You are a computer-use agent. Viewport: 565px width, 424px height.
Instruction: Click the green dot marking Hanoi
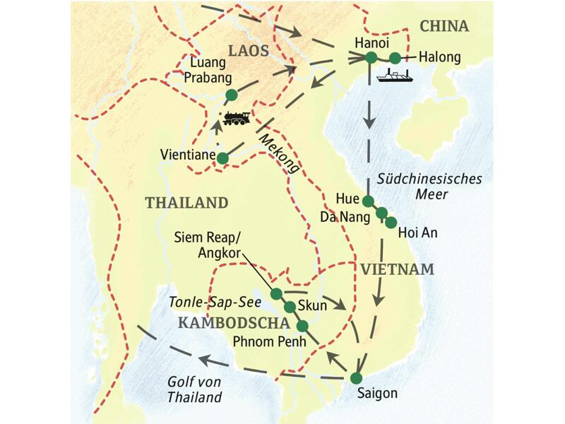(371, 58)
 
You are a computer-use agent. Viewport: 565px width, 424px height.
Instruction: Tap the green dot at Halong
(395, 58)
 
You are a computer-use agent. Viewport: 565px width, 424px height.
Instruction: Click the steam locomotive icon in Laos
(236, 118)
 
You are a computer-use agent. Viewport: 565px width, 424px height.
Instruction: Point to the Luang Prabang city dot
(230, 95)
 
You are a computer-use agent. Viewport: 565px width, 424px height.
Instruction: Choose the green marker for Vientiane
(222, 158)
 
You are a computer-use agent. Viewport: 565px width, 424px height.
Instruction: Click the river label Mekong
(280, 155)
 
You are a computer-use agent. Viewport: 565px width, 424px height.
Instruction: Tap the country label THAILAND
(186, 203)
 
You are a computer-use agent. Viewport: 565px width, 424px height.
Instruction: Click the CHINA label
(444, 27)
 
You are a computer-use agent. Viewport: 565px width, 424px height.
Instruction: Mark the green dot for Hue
(367, 201)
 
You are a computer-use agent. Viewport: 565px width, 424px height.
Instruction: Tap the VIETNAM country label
(395, 269)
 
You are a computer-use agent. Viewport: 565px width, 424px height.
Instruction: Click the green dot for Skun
(289, 307)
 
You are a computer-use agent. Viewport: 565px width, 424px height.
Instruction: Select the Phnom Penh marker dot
(302, 326)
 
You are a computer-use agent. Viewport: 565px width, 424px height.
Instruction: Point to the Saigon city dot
(357, 376)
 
